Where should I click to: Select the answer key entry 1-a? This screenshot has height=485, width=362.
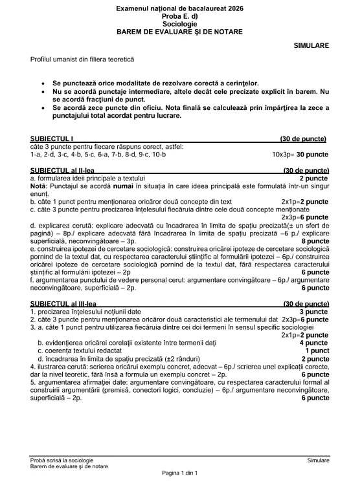point(36,155)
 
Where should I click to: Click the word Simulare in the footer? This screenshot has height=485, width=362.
point(318,460)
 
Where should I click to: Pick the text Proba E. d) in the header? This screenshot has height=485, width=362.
point(181,16)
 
